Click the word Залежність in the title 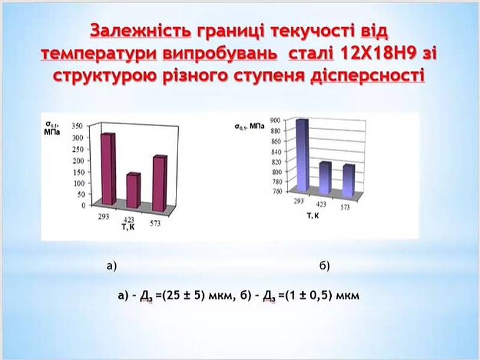pyautogui.click(x=141, y=32)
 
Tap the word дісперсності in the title pyautogui.click(x=368, y=76)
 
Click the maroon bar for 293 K pyautogui.click(x=109, y=169)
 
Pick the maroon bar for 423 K pyautogui.click(x=133, y=190)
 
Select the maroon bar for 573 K pyautogui.click(x=160, y=184)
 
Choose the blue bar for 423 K pyautogui.click(x=325, y=178)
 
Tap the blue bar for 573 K pyautogui.click(x=349, y=181)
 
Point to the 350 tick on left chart pyautogui.click(x=77, y=126)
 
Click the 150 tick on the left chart pyautogui.click(x=78, y=172)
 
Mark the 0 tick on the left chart pyautogui.click(x=83, y=205)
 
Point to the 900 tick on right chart pyautogui.click(x=275, y=121)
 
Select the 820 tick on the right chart pyautogui.click(x=276, y=161)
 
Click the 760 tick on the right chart pyautogui.click(x=277, y=191)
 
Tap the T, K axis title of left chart pyautogui.click(x=128, y=227)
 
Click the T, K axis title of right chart pyautogui.click(x=313, y=215)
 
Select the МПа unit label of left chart pyautogui.click(x=52, y=132)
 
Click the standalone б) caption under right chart pyautogui.click(x=325, y=266)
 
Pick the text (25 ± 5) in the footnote pyautogui.click(x=183, y=295)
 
